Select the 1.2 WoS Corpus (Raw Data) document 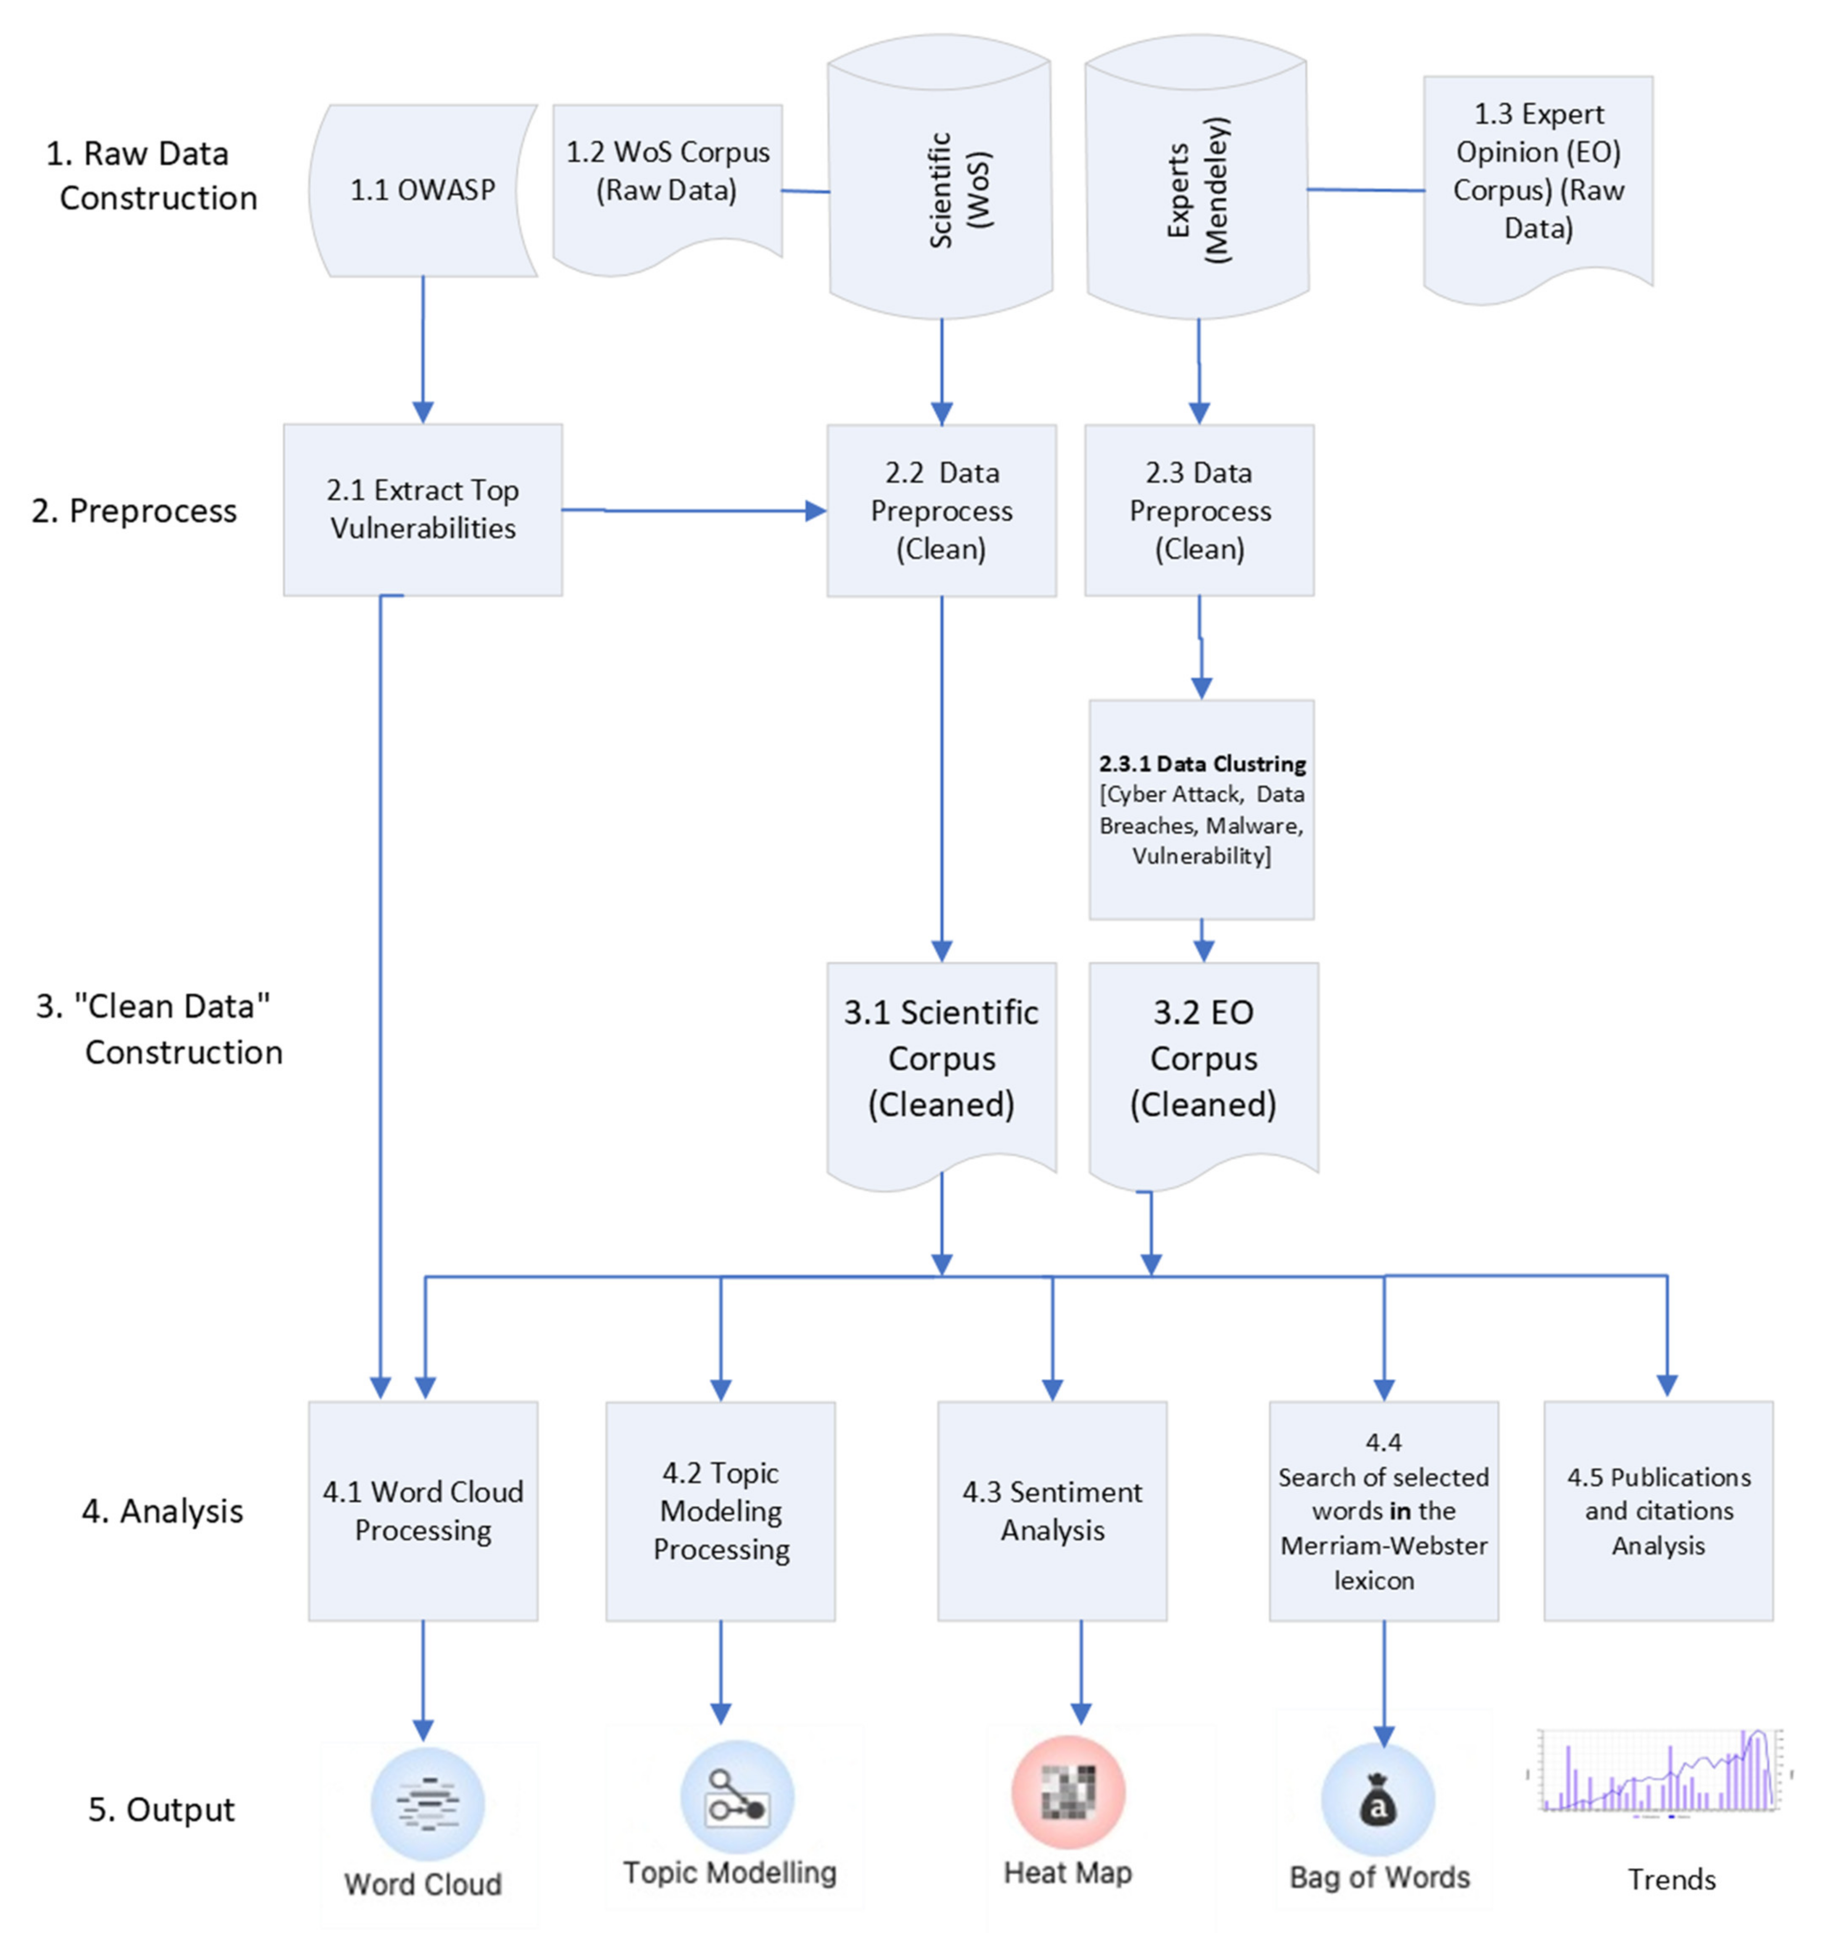[x=667, y=175]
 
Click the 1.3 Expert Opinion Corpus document [x=1538, y=175]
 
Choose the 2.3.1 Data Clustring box [x=1202, y=809]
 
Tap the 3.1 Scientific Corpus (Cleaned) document [x=941, y=1060]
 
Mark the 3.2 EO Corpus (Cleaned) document [x=1203, y=1060]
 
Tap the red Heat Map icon [x=1068, y=1792]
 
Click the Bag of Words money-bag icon [x=1378, y=1800]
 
